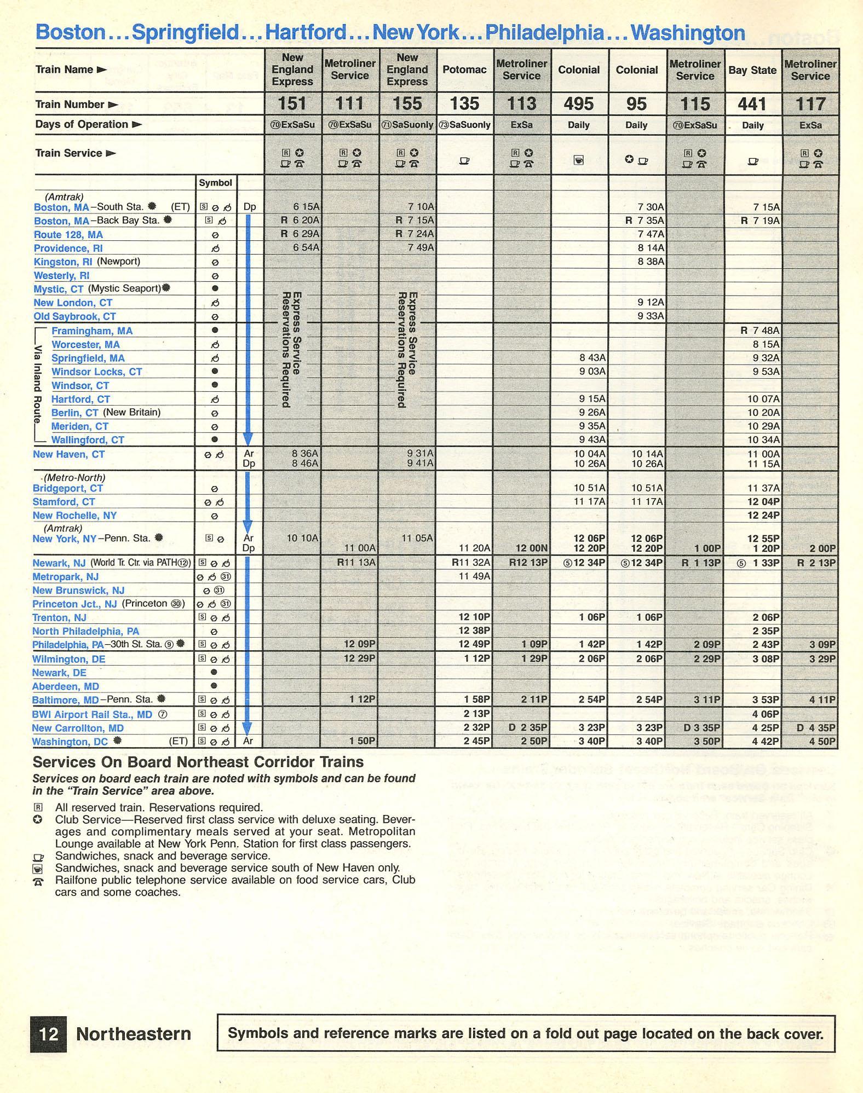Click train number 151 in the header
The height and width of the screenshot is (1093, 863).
coord(292,103)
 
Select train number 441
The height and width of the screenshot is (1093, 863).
coord(752,104)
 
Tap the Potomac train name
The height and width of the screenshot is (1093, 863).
coord(464,70)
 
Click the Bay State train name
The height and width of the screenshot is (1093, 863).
coord(752,70)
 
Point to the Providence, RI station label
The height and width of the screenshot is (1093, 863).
coord(68,248)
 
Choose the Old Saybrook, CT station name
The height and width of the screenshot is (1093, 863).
coord(74,316)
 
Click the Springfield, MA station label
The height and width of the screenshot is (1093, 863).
coord(88,358)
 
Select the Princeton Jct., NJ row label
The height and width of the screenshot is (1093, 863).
coord(74,604)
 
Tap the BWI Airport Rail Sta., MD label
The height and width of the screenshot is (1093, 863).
coord(92,714)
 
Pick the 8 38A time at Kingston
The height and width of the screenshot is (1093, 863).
coord(651,262)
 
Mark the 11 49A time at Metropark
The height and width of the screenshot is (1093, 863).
coord(474,576)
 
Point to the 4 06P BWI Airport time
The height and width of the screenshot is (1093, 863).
coord(766,714)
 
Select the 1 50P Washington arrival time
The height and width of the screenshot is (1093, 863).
coord(362,741)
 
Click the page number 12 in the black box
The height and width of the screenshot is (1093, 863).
coord(49,1034)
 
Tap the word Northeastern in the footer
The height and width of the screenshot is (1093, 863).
coord(134,1034)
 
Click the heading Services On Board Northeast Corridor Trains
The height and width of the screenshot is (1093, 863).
coord(198,762)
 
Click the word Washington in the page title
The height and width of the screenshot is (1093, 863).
coord(687,32)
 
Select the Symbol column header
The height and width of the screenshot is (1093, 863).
coord(215,183)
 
